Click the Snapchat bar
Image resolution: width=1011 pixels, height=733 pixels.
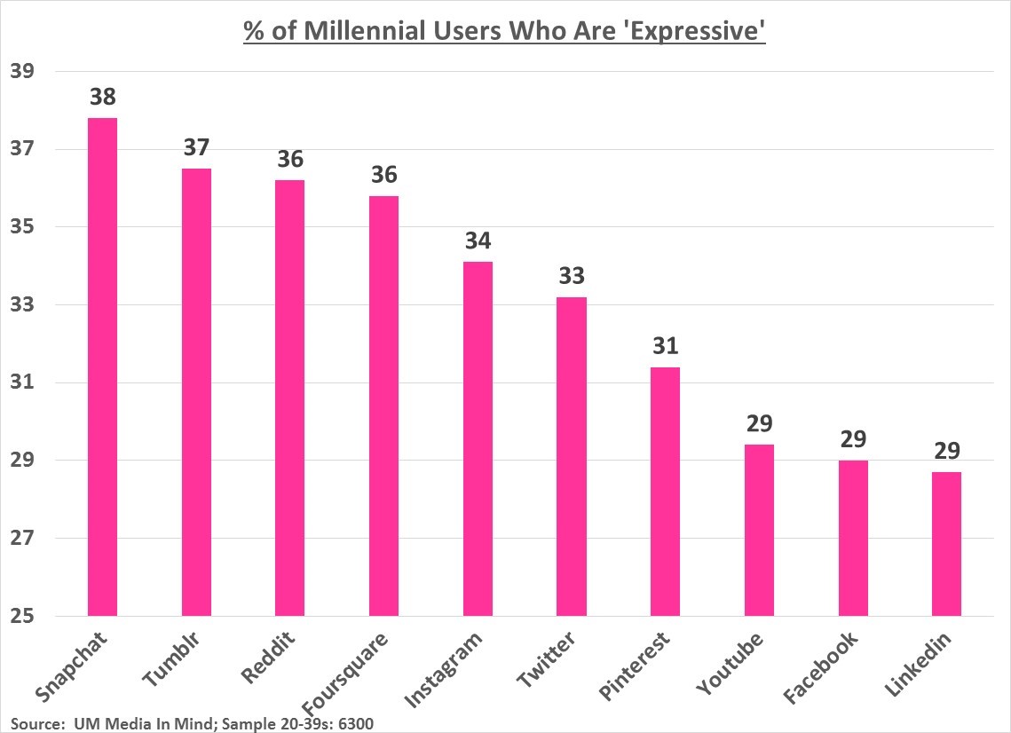[x=102, y=366]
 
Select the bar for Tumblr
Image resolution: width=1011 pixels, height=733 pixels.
[x=196, y=391]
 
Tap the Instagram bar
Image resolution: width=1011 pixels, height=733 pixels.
[x=478, y=438]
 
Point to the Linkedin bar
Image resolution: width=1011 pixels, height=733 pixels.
[x=946, y=543]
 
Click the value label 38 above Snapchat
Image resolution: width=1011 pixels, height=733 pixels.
[x=102, y=97]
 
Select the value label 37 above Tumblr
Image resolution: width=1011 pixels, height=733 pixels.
[x=196, y=147]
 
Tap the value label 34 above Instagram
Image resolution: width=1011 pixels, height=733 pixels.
[x=478, y=240]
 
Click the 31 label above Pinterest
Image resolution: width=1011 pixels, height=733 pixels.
[x=665, y=346]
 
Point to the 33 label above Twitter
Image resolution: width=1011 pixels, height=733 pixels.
[x=572, y=276]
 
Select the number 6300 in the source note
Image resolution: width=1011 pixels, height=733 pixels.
[x=353, y=723]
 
